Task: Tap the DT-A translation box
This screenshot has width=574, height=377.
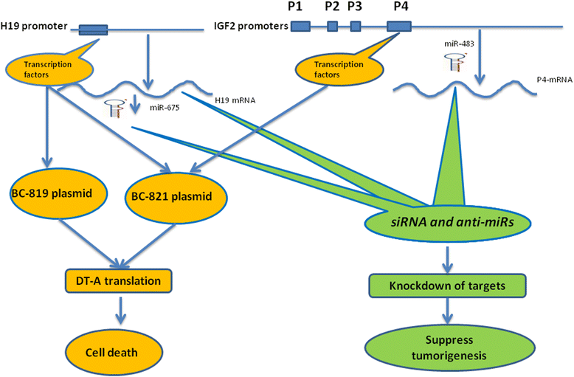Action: (x=117, y=280)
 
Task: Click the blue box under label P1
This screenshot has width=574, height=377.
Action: (x=300, y=27)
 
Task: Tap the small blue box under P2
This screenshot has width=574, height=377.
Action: (x=332, y=27)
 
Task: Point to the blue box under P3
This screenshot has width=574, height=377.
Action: (x=355, y=27)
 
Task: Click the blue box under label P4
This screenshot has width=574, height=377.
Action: (x=398, y=27)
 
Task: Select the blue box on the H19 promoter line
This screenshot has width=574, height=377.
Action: (x=92, y=30)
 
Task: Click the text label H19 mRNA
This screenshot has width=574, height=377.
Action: (x=235, y=99)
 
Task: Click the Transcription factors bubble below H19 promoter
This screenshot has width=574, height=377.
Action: (x=50, y=69)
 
